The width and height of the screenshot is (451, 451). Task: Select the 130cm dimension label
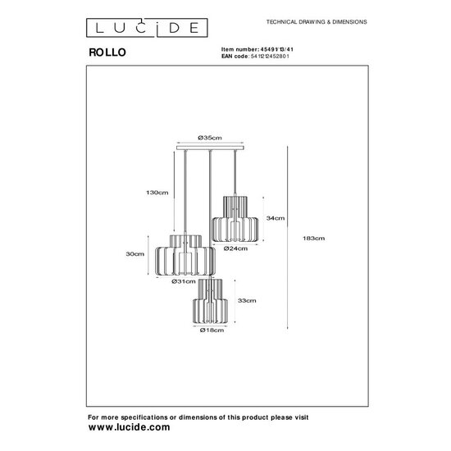coord(159,193)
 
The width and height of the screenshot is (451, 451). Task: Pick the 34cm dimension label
coord(276,218)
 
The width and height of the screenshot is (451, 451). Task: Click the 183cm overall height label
coord(315,238)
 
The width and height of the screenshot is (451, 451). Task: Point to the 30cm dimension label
coord(136,255)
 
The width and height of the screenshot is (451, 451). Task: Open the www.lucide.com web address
coord(129,427)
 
